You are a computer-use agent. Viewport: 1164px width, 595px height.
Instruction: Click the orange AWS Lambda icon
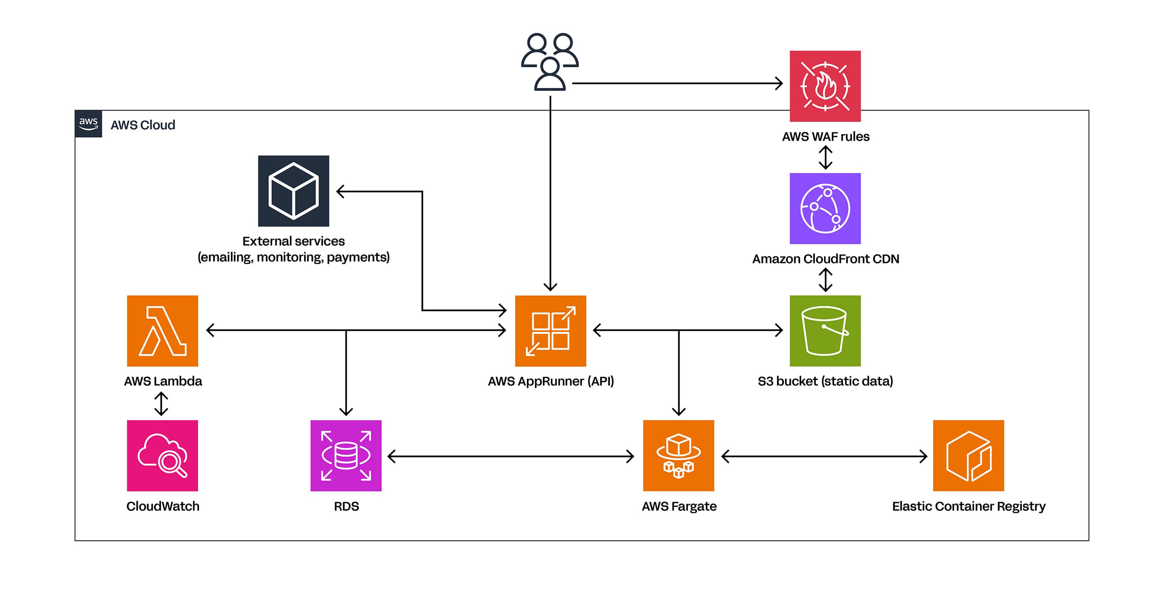click(162, 331)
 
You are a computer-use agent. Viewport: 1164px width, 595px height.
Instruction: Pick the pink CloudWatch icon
click(162, 455)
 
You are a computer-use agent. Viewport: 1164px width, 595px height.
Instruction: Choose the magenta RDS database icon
click(346, 455)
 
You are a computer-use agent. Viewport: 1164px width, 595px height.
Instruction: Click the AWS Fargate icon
click(678, 455)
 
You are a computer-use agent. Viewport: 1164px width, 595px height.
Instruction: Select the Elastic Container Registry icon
click(968, 455)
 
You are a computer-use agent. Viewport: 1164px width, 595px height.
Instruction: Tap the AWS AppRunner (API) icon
click(550, 331)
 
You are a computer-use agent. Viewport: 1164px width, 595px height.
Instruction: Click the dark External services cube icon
click(293, 191)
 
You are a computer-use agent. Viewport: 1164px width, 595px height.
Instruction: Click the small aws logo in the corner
click(88, 124)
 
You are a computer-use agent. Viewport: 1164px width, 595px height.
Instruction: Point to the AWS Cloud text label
click(143, 125)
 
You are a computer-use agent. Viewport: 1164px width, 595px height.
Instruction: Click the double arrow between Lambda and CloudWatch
click(161, 403)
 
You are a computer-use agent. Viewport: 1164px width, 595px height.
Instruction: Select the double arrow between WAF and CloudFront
click(825, 157)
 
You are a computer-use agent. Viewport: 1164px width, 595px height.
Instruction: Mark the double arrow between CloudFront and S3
click(825, 280)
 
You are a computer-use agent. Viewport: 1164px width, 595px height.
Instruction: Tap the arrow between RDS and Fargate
click(511, 456)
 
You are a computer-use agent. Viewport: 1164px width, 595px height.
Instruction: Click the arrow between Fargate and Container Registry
click(824, 456)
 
